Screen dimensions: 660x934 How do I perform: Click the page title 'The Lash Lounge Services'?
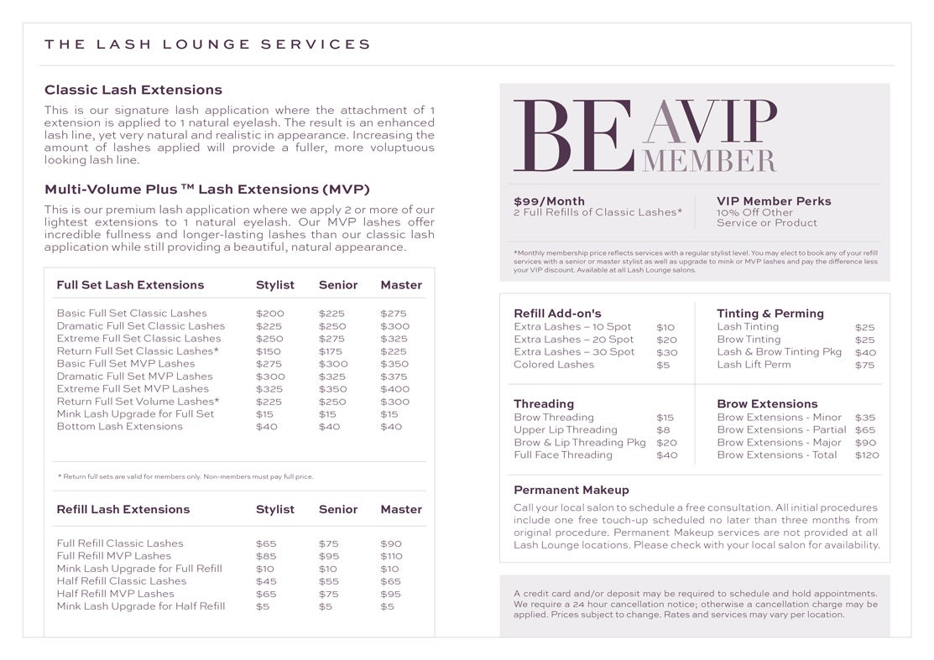click(x=207, y=44)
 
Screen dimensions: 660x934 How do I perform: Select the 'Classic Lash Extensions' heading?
click(x=133, y=90)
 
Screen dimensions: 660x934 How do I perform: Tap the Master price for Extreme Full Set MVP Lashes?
click(x=394, y=389)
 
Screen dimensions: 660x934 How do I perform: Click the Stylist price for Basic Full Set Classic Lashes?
click(x=270, y=314)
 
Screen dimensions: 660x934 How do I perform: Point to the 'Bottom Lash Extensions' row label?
click(x=119, y=427)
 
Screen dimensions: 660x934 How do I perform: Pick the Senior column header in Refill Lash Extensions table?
click(x=338, y=509)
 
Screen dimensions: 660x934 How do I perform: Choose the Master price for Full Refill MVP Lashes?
click(x=391, y=556)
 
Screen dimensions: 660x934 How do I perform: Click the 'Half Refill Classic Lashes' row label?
click(x=122, y=581)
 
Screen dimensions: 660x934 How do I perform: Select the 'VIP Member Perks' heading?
click(x=774, y=201)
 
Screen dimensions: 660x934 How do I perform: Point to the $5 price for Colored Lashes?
click(x=663, y=365)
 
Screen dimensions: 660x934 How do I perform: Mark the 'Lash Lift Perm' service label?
click(x=754, y=365)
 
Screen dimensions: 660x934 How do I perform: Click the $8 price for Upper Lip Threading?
click(x=663, y=430)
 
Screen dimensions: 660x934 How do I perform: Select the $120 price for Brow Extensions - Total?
click(x=867, y=455)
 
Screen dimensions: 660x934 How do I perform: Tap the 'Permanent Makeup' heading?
click(x=571, y=490)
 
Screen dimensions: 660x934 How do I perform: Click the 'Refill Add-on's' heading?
click(x=557, y=314)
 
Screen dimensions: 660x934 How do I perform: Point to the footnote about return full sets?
click(x=185, y=476)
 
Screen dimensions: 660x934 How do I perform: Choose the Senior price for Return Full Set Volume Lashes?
click(x=332, y=402)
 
